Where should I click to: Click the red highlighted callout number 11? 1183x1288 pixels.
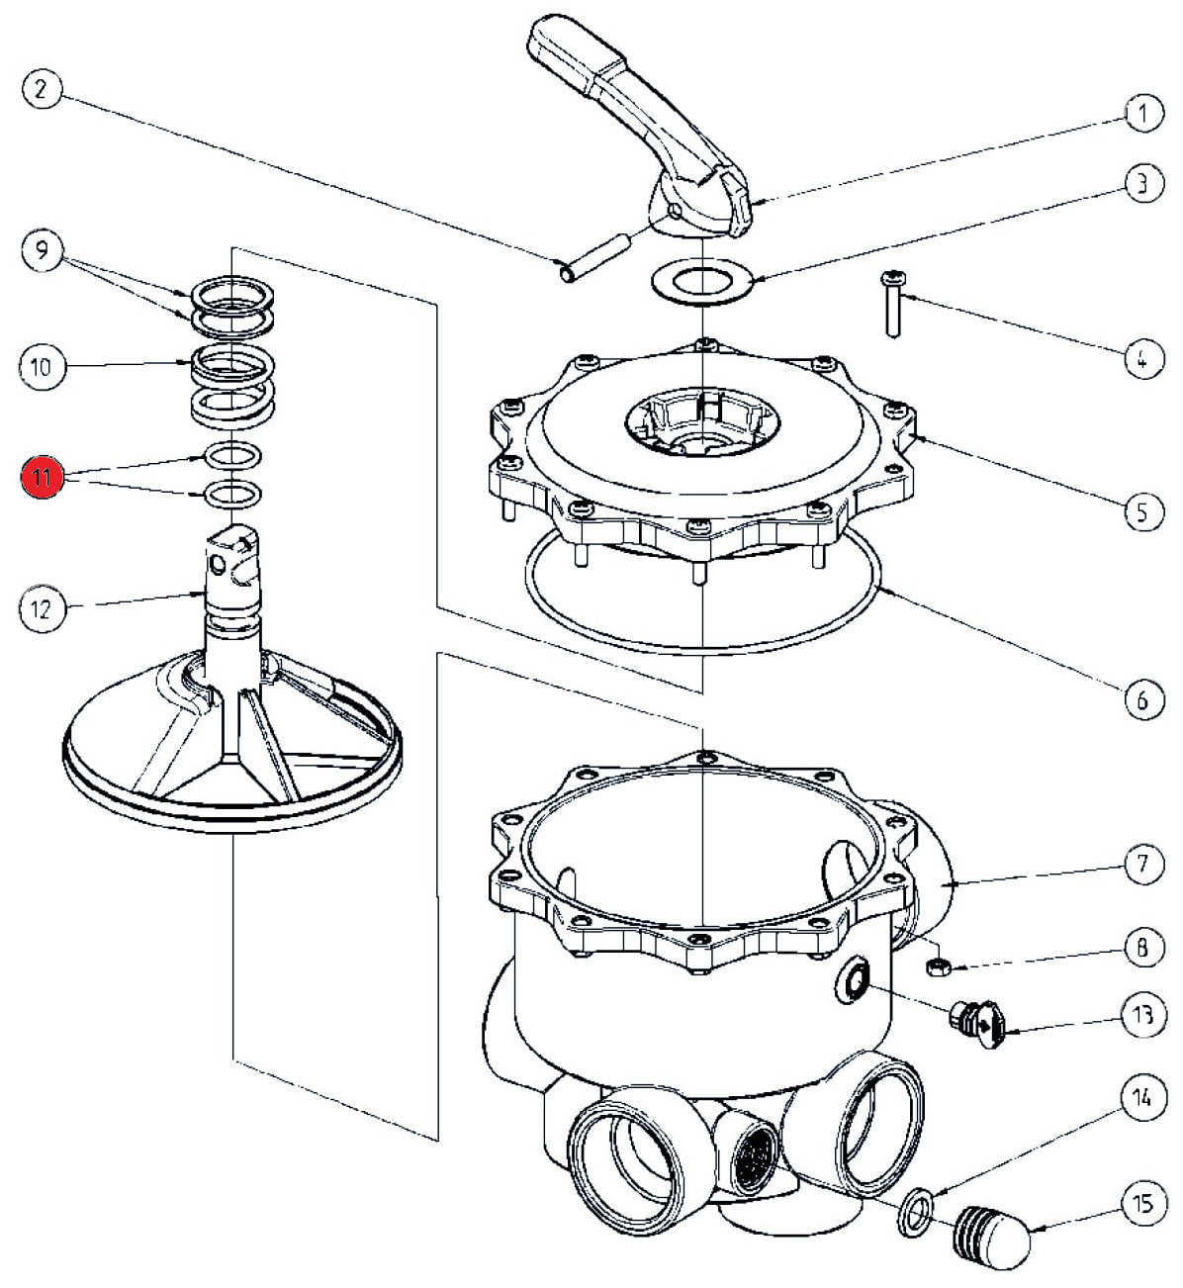pos(41,479)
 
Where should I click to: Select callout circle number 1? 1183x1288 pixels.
pos(1142,114)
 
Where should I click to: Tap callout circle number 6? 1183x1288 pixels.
pos(1142,700)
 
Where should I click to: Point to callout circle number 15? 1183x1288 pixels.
pos(1142,1204)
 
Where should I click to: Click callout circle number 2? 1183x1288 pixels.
pos(41,90)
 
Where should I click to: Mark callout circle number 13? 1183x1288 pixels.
pos(1142,1016)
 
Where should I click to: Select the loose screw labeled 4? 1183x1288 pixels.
pos(893,304)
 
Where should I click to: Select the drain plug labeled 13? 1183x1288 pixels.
pos(980,1025)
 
